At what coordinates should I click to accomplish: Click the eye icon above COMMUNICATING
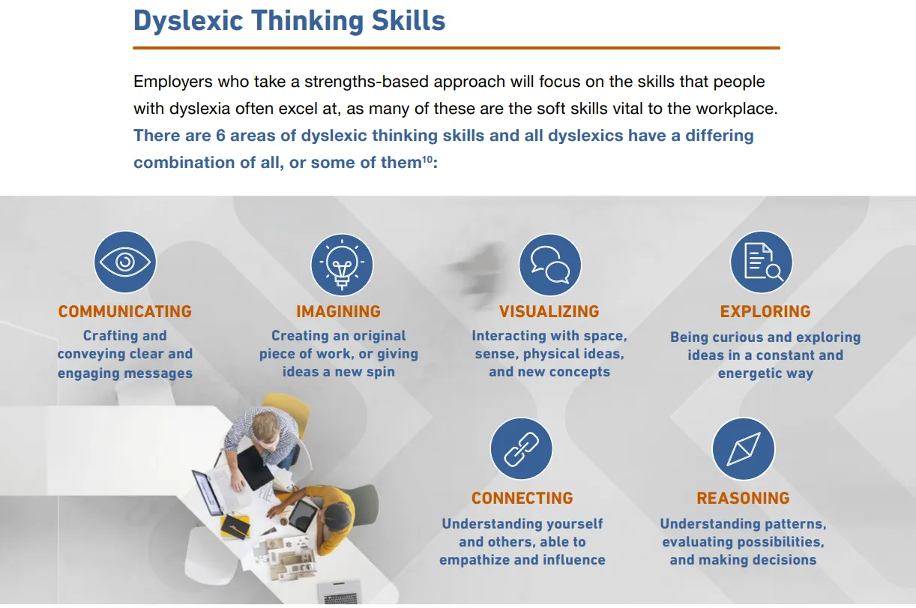point(125,262)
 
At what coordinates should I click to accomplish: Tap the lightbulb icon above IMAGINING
point(342,265)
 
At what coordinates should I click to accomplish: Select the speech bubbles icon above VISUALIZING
point(550,265)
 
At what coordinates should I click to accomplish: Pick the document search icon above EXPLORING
point(762,262)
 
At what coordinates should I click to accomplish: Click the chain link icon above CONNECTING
point(522,448)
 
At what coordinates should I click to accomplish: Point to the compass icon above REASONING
point(744,448)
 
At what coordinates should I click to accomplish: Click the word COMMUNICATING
point(124,312)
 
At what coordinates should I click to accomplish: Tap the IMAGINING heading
point(339,312)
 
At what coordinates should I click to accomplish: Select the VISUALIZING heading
point(549,312)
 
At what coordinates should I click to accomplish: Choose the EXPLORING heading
point(765,312)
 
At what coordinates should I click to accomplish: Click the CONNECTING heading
point(522,498)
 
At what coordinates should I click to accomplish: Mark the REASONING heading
point(743,498)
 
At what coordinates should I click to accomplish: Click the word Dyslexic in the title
point(188,21)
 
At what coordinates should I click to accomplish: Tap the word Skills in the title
point(409,20)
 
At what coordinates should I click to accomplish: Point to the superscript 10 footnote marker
point(427,159)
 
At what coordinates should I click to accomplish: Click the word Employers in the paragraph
point(173,82)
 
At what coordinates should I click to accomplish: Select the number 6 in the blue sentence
point(220,136)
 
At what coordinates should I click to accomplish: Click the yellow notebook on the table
point(235,526)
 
